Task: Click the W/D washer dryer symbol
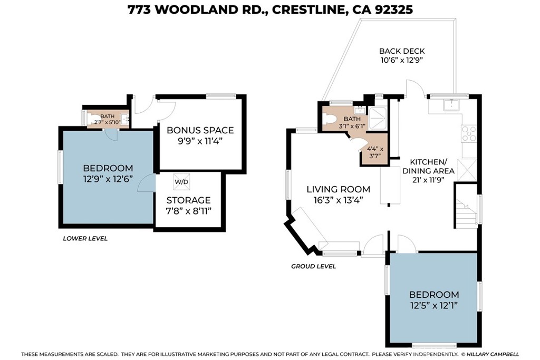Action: (x=181, y=182)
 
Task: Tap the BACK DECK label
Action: (x=402, y=51)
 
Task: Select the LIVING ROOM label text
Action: (x=339, y=189)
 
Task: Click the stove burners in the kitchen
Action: (x=468, y=134)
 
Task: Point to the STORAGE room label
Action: (x=188, y=200)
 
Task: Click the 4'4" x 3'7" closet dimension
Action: (x=375, y=153)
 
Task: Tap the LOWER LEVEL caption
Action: (x=85, y=238)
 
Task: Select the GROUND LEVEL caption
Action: (x=313, y=266)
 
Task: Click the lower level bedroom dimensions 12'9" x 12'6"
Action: (x=108, y=179)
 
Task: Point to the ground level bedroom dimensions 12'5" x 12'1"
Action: (x=434, y=305)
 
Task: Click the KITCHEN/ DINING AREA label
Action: (x=428, y=166)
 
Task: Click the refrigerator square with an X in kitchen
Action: (x=467, y=169)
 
